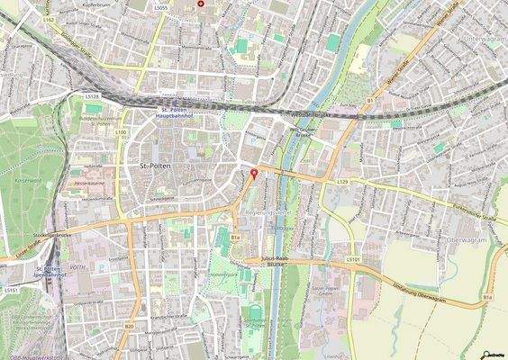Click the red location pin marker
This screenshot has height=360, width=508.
[x=253, y=174]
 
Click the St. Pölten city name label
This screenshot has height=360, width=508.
[x=159, y=167]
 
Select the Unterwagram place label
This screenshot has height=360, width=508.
[x=485, y=40]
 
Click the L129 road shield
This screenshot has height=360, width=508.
[x=343, y=182]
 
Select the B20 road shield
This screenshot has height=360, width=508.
[x=129, y=326]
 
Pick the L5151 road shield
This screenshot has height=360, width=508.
[x=10, y=291]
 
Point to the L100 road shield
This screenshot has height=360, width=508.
[x=121, y=132]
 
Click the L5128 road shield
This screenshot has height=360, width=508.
[x=91, y=95]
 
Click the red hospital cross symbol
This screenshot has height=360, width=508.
[x=200, y=4]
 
